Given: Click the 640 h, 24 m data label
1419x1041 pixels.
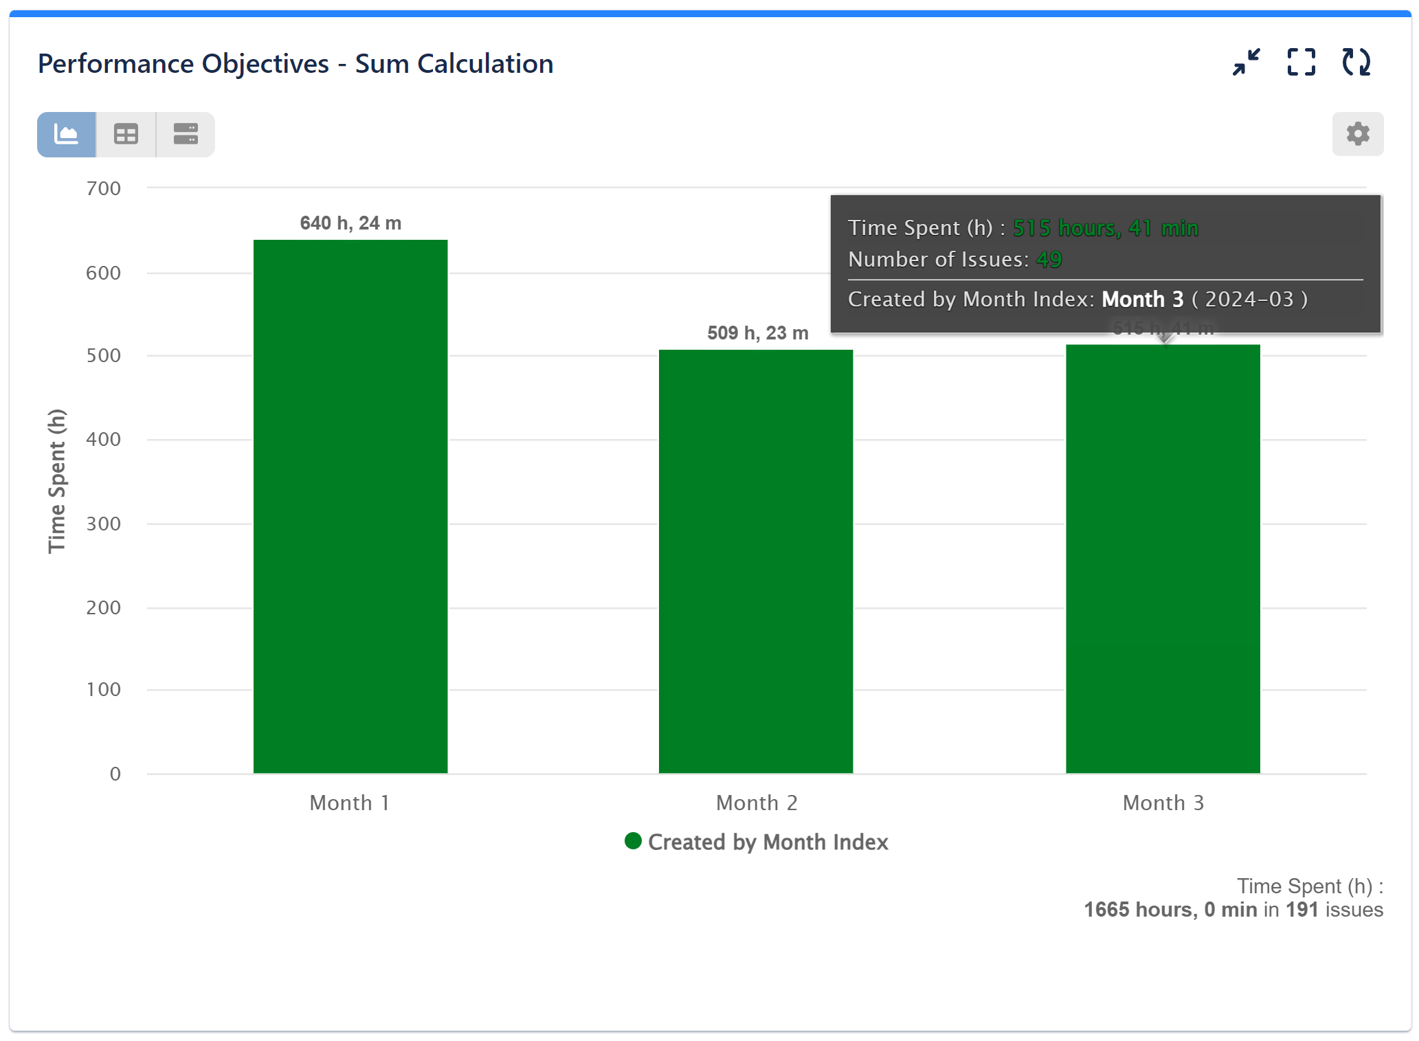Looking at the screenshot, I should tap(350, 223).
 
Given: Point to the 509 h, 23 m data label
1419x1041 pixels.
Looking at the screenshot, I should tap(758, 333).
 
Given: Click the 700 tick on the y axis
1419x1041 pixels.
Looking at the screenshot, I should tap(104, 188).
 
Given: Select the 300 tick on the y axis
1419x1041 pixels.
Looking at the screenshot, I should tap(104, 524).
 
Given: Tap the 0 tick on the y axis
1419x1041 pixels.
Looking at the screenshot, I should tap(115, 774).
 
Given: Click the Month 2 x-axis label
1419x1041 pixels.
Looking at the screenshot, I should tap(757, 803).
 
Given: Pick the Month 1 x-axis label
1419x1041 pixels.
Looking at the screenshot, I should tap(350, 803).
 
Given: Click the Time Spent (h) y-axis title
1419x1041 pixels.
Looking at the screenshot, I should tap(57, 481).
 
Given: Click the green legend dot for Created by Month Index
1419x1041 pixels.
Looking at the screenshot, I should tap(633, 841).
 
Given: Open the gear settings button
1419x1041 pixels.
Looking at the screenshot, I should tap(1357, 134).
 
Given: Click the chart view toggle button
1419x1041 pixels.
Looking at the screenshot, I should tap(67, 134).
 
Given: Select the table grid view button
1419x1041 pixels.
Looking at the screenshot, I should tap(126, 134).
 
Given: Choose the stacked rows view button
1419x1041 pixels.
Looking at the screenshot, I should tap(186, 134).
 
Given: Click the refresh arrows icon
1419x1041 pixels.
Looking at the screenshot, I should tap(1356, 63).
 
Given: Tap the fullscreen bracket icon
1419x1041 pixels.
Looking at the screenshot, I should tap(1301, 63).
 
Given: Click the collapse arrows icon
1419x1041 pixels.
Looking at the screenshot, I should tap(1246, 63).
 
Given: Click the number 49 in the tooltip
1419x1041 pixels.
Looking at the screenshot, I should tap(1049, 260).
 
